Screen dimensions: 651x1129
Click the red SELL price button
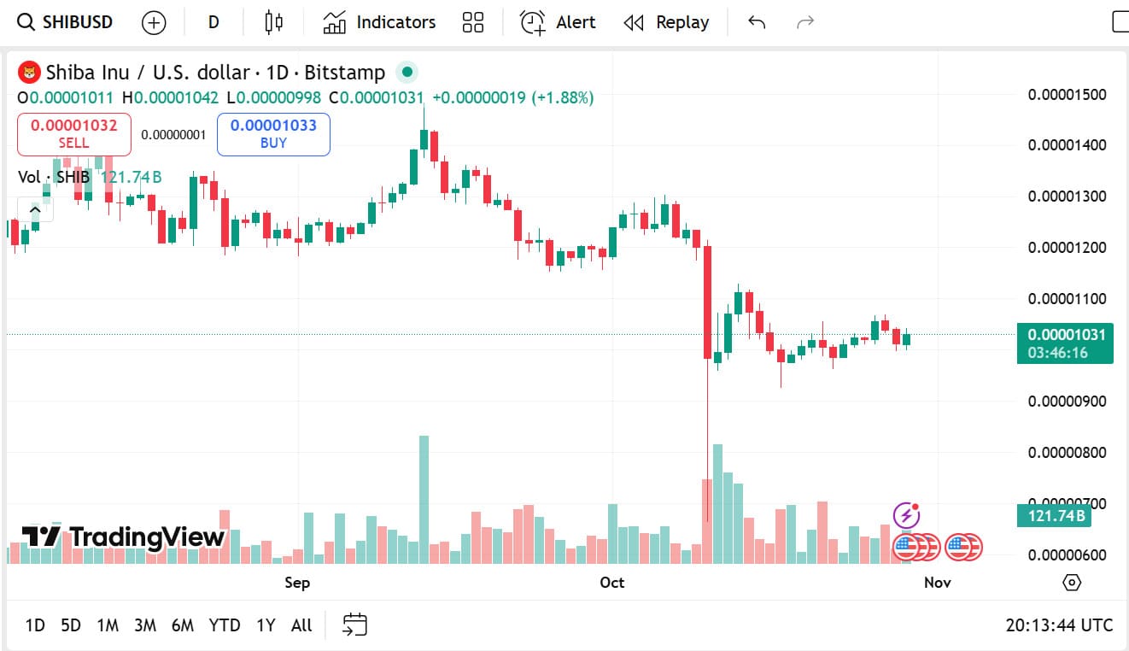[x=74, y=134]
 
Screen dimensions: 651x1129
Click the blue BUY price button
[x=273, y=134]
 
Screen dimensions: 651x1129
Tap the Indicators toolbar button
[x=379, y=22]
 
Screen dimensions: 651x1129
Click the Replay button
[x=666, y=22]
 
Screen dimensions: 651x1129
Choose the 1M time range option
[x=108, y=625]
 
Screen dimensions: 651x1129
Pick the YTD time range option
[x=225, y=625]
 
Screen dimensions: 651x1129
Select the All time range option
[x=301, y=625]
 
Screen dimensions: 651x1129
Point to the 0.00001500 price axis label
[x=1067, y=94]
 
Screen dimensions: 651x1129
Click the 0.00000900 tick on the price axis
[x=1067, y=402]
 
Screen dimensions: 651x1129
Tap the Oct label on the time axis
[x=611, y=583]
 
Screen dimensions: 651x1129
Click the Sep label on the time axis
[x=297, y=583]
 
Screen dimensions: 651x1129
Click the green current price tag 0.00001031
[x=1065, y=335]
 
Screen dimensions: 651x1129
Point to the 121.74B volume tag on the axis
[x=1056, y=516]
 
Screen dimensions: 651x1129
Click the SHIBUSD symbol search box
[x=66, y=22]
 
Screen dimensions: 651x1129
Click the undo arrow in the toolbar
[x=756, y=22]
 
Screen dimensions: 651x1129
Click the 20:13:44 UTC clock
[x=1059, y=625]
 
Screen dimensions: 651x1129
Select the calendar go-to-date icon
[x=354, y=625]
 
